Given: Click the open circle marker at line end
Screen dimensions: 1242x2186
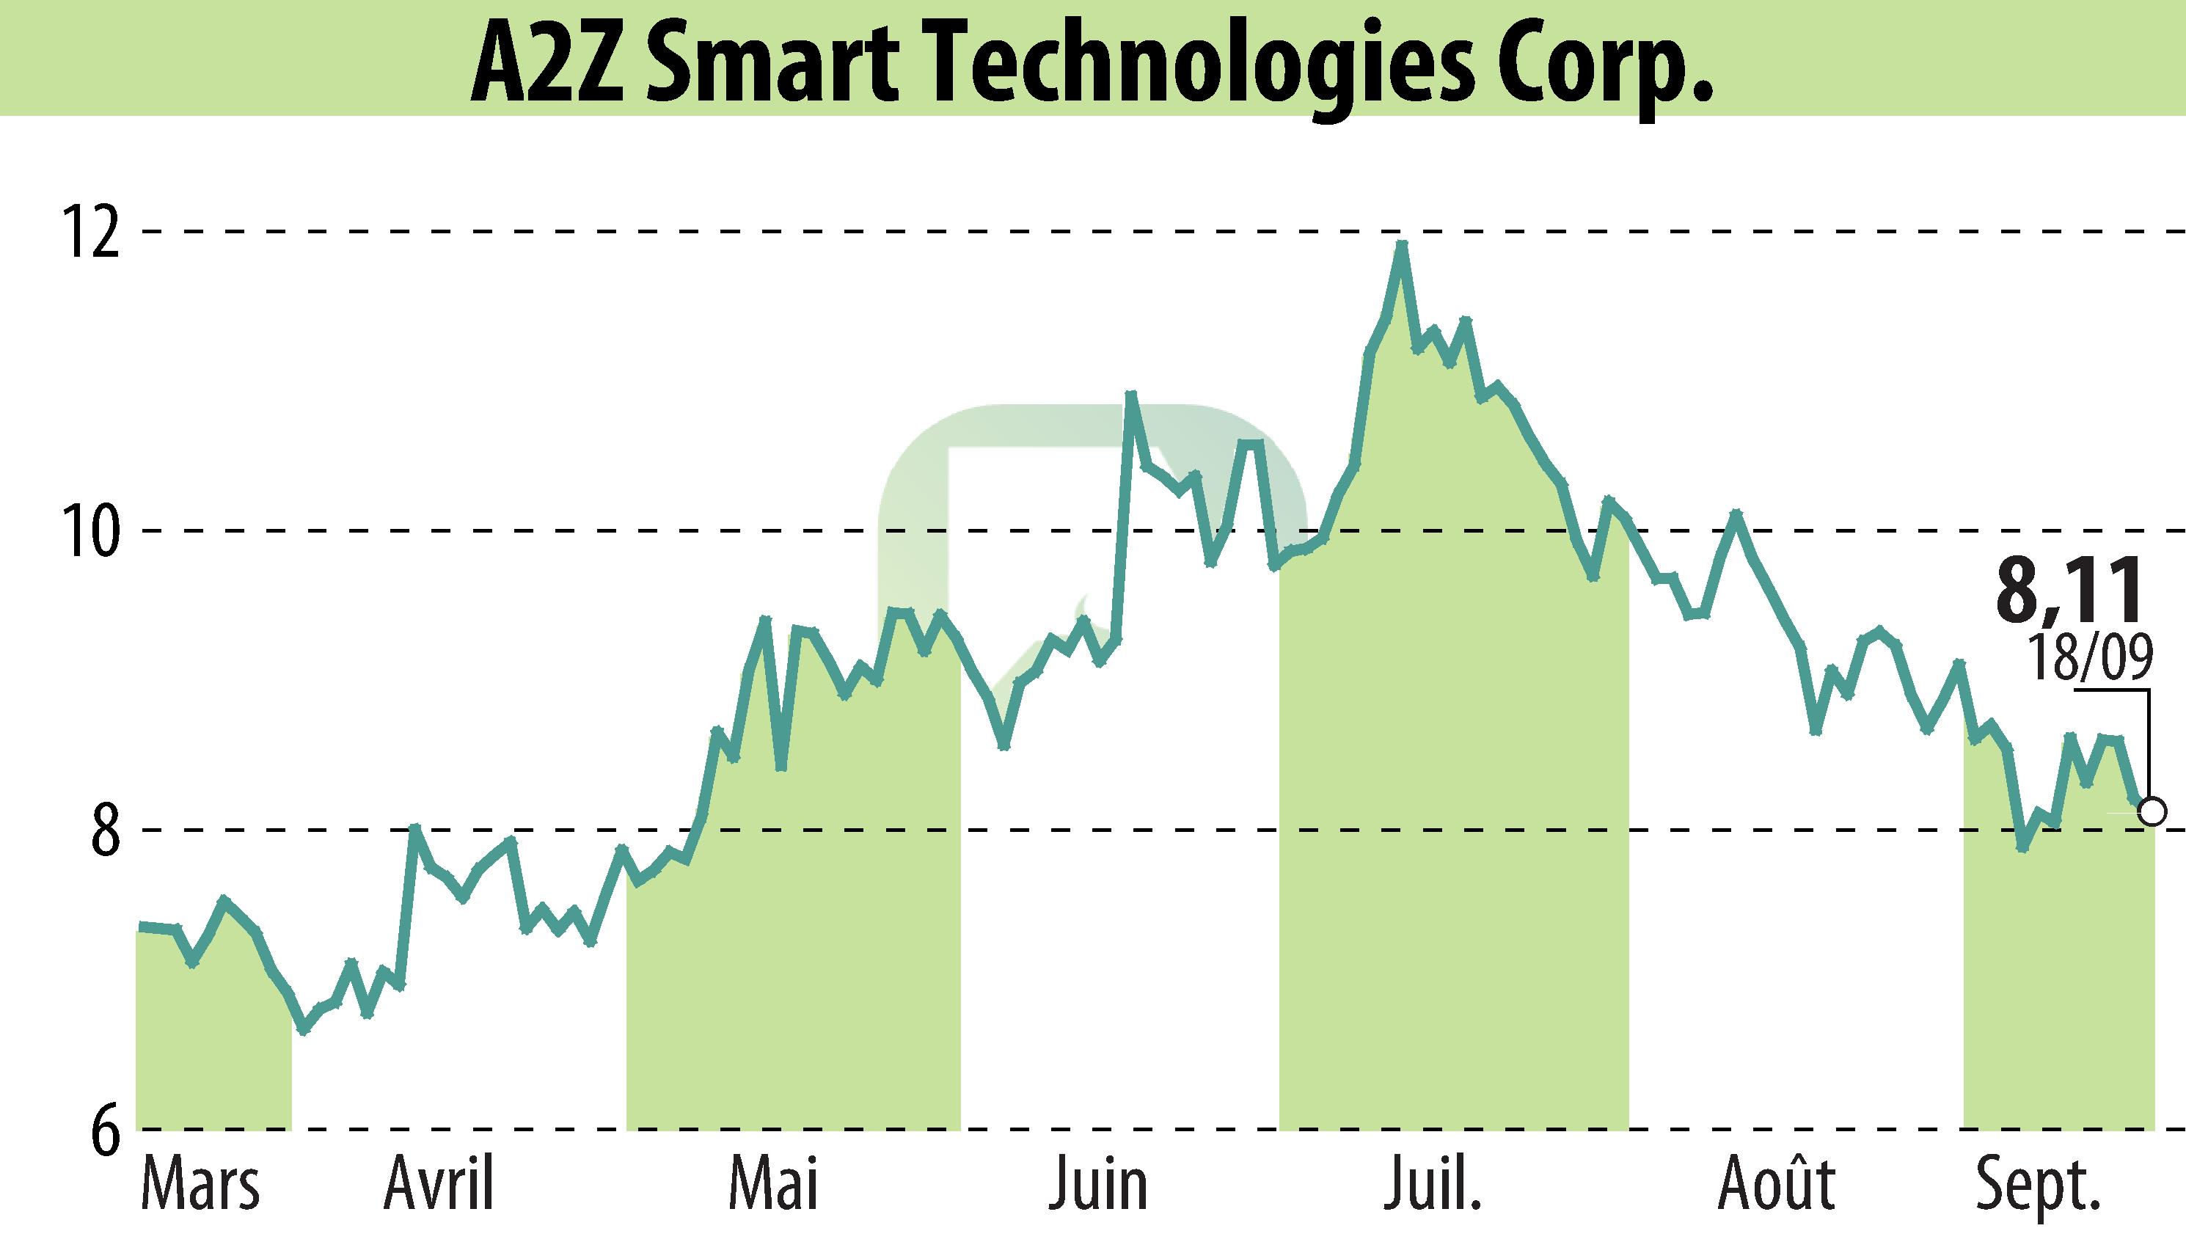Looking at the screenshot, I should pyautogui.click(x=2153, y=811).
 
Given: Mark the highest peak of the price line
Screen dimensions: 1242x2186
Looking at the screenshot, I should pyautogui.click(x=1400, y=245).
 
